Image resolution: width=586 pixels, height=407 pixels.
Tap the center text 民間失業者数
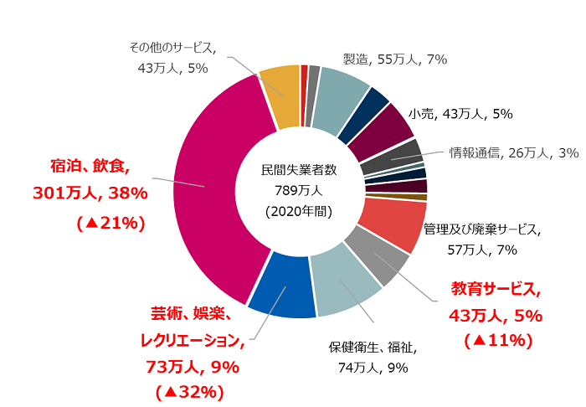pyautogui.click(x=299, y=170)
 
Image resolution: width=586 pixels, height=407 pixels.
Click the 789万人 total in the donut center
pyautogui.click(x=299, y=190)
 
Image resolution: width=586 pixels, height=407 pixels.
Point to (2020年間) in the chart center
pyautogui.click(x=299, y=211)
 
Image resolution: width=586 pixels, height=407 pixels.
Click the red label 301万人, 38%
pyautogui.click(x=90, y=193)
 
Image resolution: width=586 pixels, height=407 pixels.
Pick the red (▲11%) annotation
pyautogui.click(x=498, y=339)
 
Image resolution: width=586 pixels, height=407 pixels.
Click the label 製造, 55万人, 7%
pyautogui.click(x=395, y=59)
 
